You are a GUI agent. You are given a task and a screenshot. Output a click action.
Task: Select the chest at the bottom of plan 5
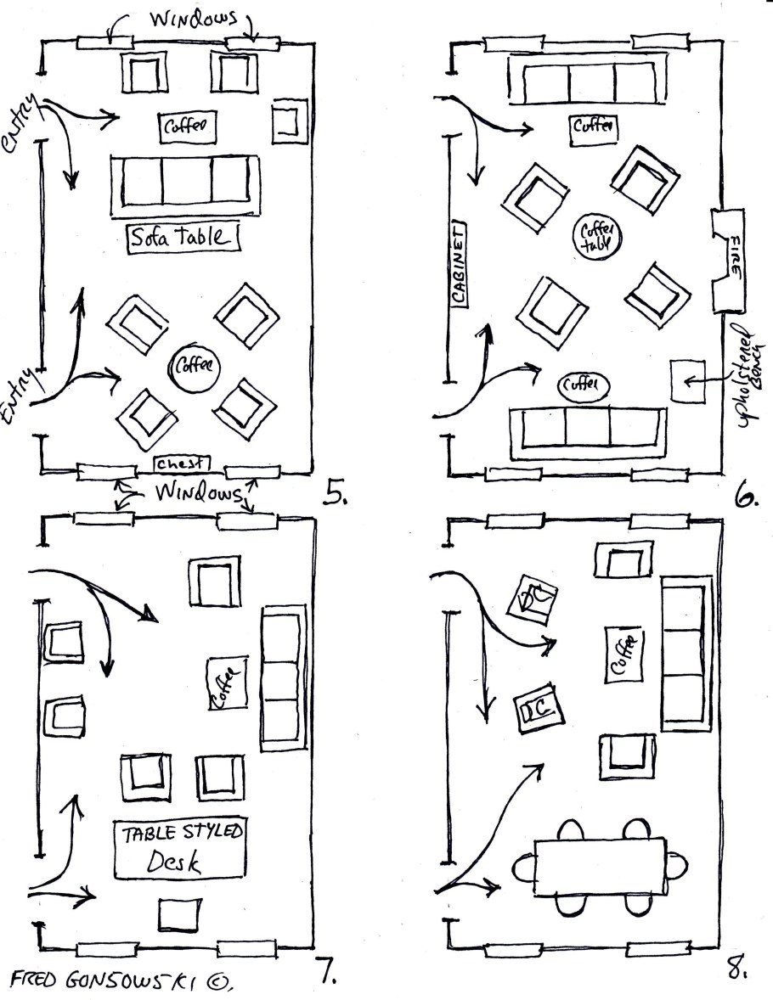point(182,463)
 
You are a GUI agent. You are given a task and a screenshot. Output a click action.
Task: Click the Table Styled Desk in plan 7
point(179,849)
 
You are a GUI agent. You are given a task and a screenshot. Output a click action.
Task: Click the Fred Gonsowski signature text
point(119,980)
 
